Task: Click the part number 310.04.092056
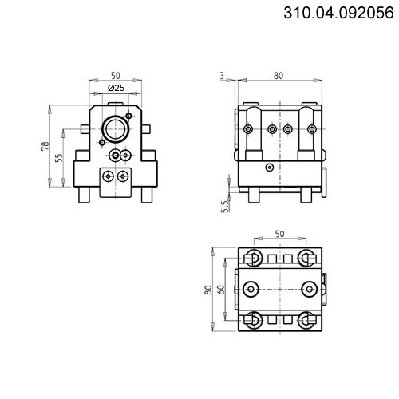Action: coord(338,13)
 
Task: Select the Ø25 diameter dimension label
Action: coord(116,88)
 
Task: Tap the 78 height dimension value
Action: coord(45,146)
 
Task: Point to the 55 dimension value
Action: coord(59,157)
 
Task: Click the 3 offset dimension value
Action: coord(223,76)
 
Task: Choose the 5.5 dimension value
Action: coord(225,207)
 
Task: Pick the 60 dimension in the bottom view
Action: coord(221,290)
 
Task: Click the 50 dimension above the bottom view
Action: coord(279,234)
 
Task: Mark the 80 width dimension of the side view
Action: coord(279,76)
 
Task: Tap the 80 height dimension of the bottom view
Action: coord(208,290)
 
